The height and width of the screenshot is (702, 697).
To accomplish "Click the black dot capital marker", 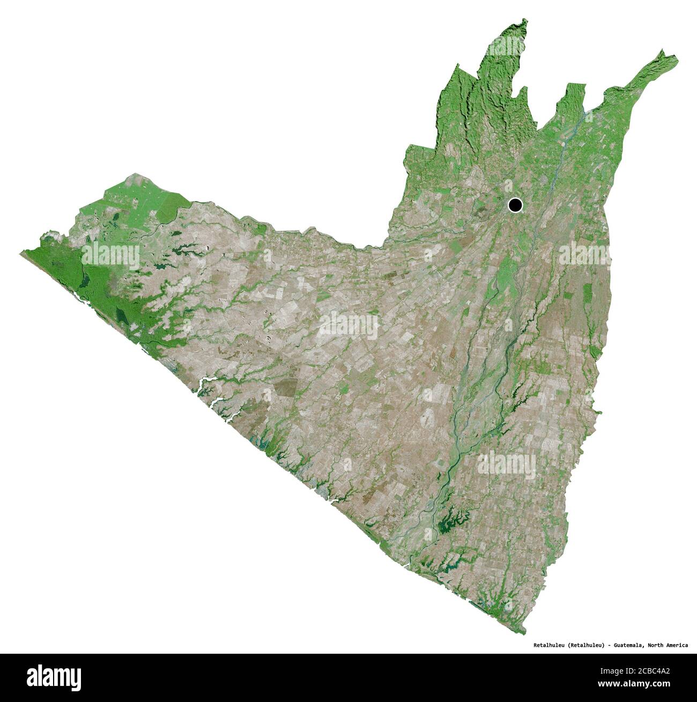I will tap(515, 204).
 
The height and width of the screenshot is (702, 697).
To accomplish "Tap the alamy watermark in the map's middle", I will tap(349, 325).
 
